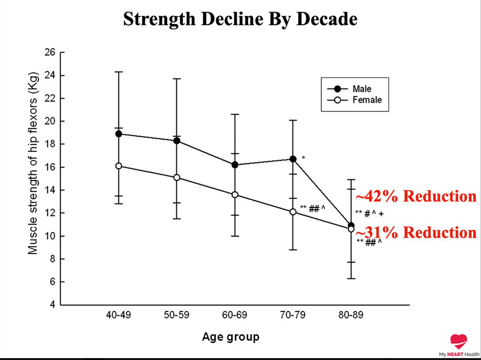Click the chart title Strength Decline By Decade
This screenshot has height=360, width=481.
(240, 19)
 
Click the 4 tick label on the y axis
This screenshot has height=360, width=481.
(53, 305)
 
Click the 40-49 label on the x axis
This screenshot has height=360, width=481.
(119, 316)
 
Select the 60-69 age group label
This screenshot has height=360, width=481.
(235, 316)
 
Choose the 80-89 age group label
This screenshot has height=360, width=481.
(351, 316)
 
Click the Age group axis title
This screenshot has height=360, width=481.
(230, 336)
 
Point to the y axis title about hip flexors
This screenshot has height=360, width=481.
(33, 164)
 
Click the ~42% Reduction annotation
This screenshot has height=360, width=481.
(416, 197)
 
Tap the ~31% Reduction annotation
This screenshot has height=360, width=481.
(416, 232)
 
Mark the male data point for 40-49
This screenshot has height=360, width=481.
(119, 134)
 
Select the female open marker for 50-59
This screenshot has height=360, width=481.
(177, 178)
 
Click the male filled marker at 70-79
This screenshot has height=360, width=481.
(292, 159)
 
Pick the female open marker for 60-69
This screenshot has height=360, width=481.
(235, 194)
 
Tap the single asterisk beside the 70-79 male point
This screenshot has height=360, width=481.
(303, 158)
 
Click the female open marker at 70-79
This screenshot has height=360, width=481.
(292, 212)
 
